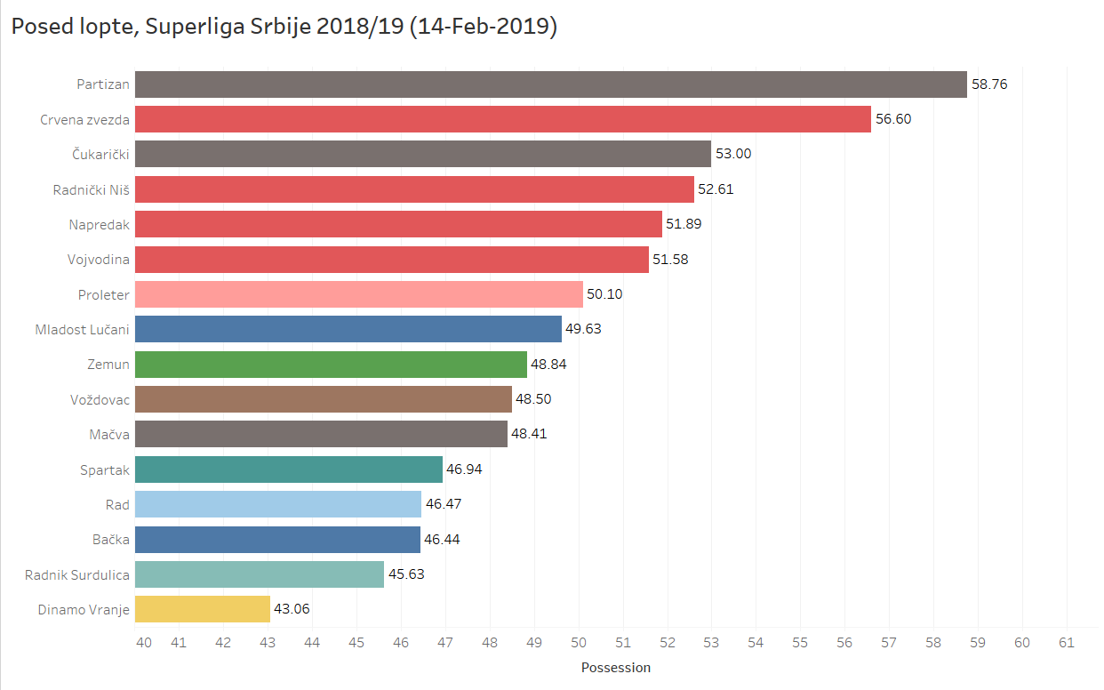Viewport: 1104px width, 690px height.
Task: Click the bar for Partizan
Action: (x=550, y=84)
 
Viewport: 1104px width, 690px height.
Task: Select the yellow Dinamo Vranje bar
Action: (x=203, y=609)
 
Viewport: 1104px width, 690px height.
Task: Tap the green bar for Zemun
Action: (x=331, y=365)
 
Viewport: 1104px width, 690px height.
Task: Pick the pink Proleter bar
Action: (x=359, y=294)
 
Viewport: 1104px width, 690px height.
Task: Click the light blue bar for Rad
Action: (x=278, y=504)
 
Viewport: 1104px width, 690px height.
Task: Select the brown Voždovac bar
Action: (x=324, y=399)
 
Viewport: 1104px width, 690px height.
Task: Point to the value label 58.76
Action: (x=989, y=84)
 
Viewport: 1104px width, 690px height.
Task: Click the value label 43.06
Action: (x=292, y=609)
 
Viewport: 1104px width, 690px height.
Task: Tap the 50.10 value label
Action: (x=604, y=294)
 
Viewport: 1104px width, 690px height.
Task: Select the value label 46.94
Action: (x=464, y=469)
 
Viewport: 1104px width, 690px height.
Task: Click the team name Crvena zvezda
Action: (x=84, y=119)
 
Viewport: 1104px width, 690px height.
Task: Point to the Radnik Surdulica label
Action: (x=77, y=574)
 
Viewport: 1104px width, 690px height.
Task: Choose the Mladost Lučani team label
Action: (x=82, y=330)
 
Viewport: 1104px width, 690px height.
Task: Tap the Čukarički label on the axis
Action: (x=100, y=155)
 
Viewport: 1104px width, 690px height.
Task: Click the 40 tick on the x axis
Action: (x=143, y=641)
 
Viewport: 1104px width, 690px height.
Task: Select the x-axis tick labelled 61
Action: (x=1066, y=641)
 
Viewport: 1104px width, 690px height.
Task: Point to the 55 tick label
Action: (x=800, y=641)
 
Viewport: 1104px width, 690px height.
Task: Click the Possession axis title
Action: (x=616, y=667)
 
